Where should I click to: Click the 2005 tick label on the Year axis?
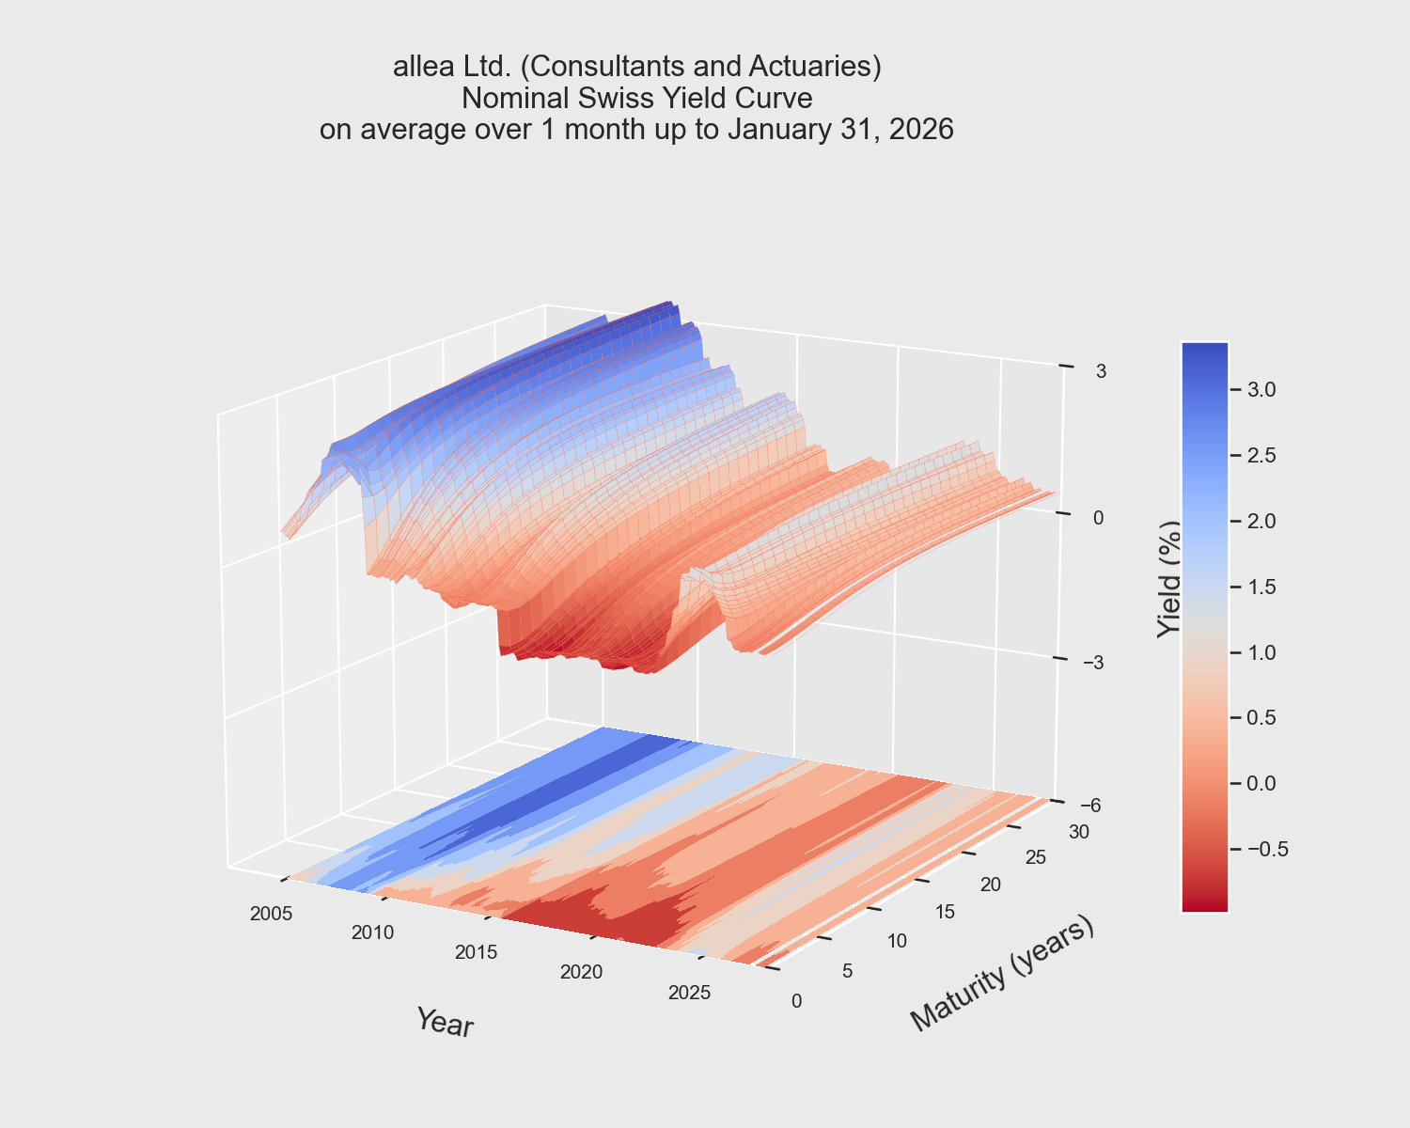(272, 913)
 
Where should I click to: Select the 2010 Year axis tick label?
(373, 932)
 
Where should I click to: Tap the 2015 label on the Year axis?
(477, 952)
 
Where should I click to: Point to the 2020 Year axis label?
(581, 972)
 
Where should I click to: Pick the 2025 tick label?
(689, 993)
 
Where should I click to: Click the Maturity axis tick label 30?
(1078, 831)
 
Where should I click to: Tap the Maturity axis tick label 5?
(848, 971)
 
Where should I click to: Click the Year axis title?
(445, 1023)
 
